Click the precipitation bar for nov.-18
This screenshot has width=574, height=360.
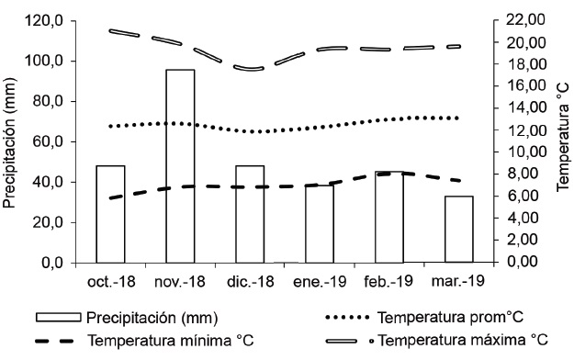[180, 165]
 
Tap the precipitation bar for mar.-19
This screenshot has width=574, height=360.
[459, 229]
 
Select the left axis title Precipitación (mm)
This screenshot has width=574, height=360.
[11, 141]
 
